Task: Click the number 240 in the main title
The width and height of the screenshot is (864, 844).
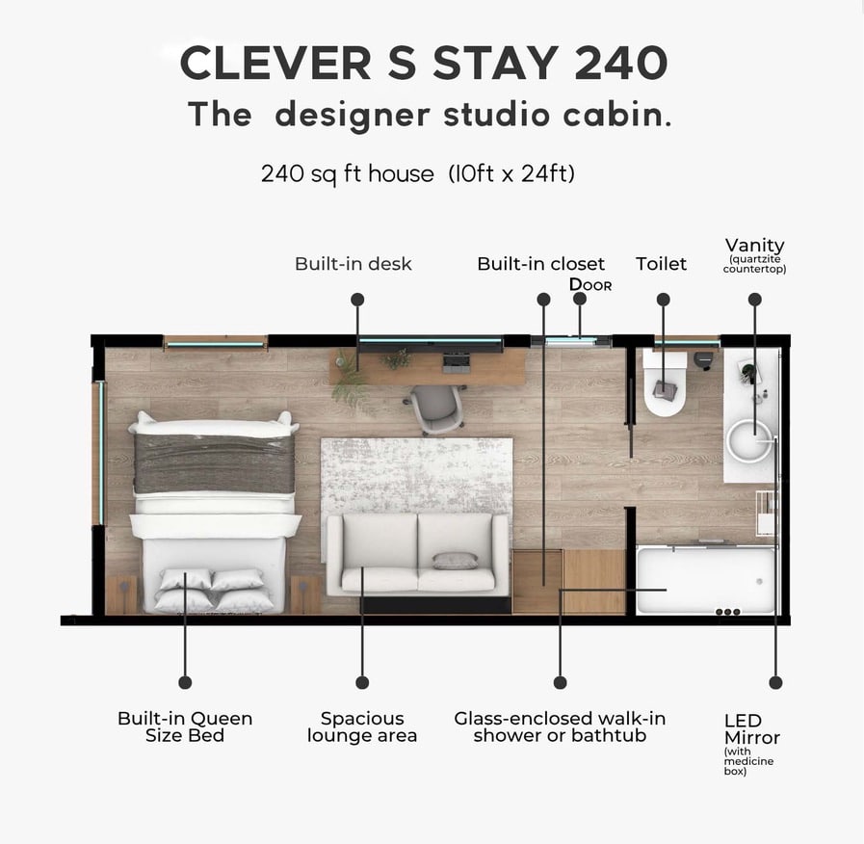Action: click(x=621, y=63)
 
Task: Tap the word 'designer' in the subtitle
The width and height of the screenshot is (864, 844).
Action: click(x=353, y=116)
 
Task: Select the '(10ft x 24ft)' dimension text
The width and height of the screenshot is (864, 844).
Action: click(x=511, y=173)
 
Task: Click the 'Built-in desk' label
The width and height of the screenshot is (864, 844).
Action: click(x=353, y=263)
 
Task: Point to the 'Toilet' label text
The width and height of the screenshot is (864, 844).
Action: click(x=661, y=263)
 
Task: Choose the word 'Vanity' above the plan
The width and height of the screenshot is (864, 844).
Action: click(x=754, y=246)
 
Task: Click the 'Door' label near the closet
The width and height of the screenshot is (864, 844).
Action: click(x=590, y=284)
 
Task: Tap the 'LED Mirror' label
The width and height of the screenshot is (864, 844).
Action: click(x=751, y=728)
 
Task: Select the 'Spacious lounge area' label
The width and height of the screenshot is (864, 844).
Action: click(x=362, y=726)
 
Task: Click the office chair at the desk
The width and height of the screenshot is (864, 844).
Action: click(x=436, y=407)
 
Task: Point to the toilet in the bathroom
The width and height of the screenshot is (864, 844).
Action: click(x=665, y=382)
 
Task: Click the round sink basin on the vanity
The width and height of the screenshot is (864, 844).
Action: click(x=748, y=441)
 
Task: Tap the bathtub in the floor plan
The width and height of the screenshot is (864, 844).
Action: click(x=706, y=580)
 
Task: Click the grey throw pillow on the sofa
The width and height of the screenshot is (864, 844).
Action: click(x=455, y=561)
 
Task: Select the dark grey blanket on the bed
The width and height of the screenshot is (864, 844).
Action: click(x=214, y=463)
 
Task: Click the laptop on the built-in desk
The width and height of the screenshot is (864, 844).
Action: click(x=457, y=360)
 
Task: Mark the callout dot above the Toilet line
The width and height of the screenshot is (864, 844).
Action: click(x=664, y=300)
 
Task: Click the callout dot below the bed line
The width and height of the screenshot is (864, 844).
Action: click(x=185, y=682)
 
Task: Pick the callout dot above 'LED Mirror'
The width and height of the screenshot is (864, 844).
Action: click(x=775, y=682)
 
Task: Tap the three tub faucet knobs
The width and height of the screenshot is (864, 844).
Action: click(x=727, y=612)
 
